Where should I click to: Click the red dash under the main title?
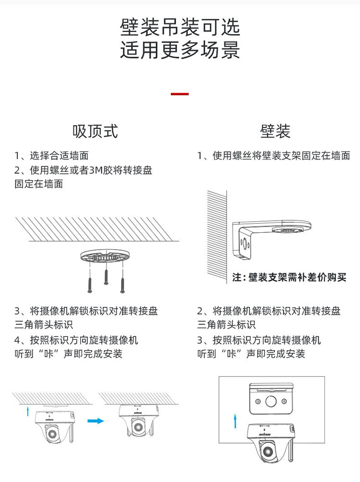tap(180, 94)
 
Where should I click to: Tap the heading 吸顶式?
tap(95, 131)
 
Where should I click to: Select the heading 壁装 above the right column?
tap(275, 131)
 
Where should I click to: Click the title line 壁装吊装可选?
tap(180, 28)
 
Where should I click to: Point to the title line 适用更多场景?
tap(180, 50)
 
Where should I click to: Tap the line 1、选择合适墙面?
tap(51, 156)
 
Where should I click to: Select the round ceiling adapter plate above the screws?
tap(106, 256)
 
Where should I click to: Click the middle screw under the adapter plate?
tap(106, 277)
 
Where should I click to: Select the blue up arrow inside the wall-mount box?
tap(235, 422)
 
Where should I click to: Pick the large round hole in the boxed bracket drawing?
tap(271, 400)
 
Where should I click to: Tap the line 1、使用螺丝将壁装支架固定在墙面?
tap(274, 156)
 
